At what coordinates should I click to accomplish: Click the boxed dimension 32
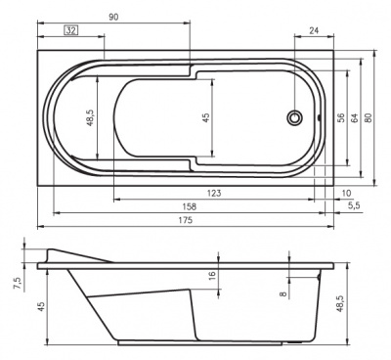(71, 31)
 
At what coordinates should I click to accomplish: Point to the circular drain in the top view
(295, 118)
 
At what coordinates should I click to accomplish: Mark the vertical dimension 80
(369, 118)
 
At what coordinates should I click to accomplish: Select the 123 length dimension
(213, 194)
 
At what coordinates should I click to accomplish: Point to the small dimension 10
(348, 193)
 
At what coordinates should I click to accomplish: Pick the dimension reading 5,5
(353, 206)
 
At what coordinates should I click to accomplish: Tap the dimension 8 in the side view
(283, 292)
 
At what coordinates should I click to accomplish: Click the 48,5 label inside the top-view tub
(90, 118)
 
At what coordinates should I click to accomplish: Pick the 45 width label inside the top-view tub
(205, 118)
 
